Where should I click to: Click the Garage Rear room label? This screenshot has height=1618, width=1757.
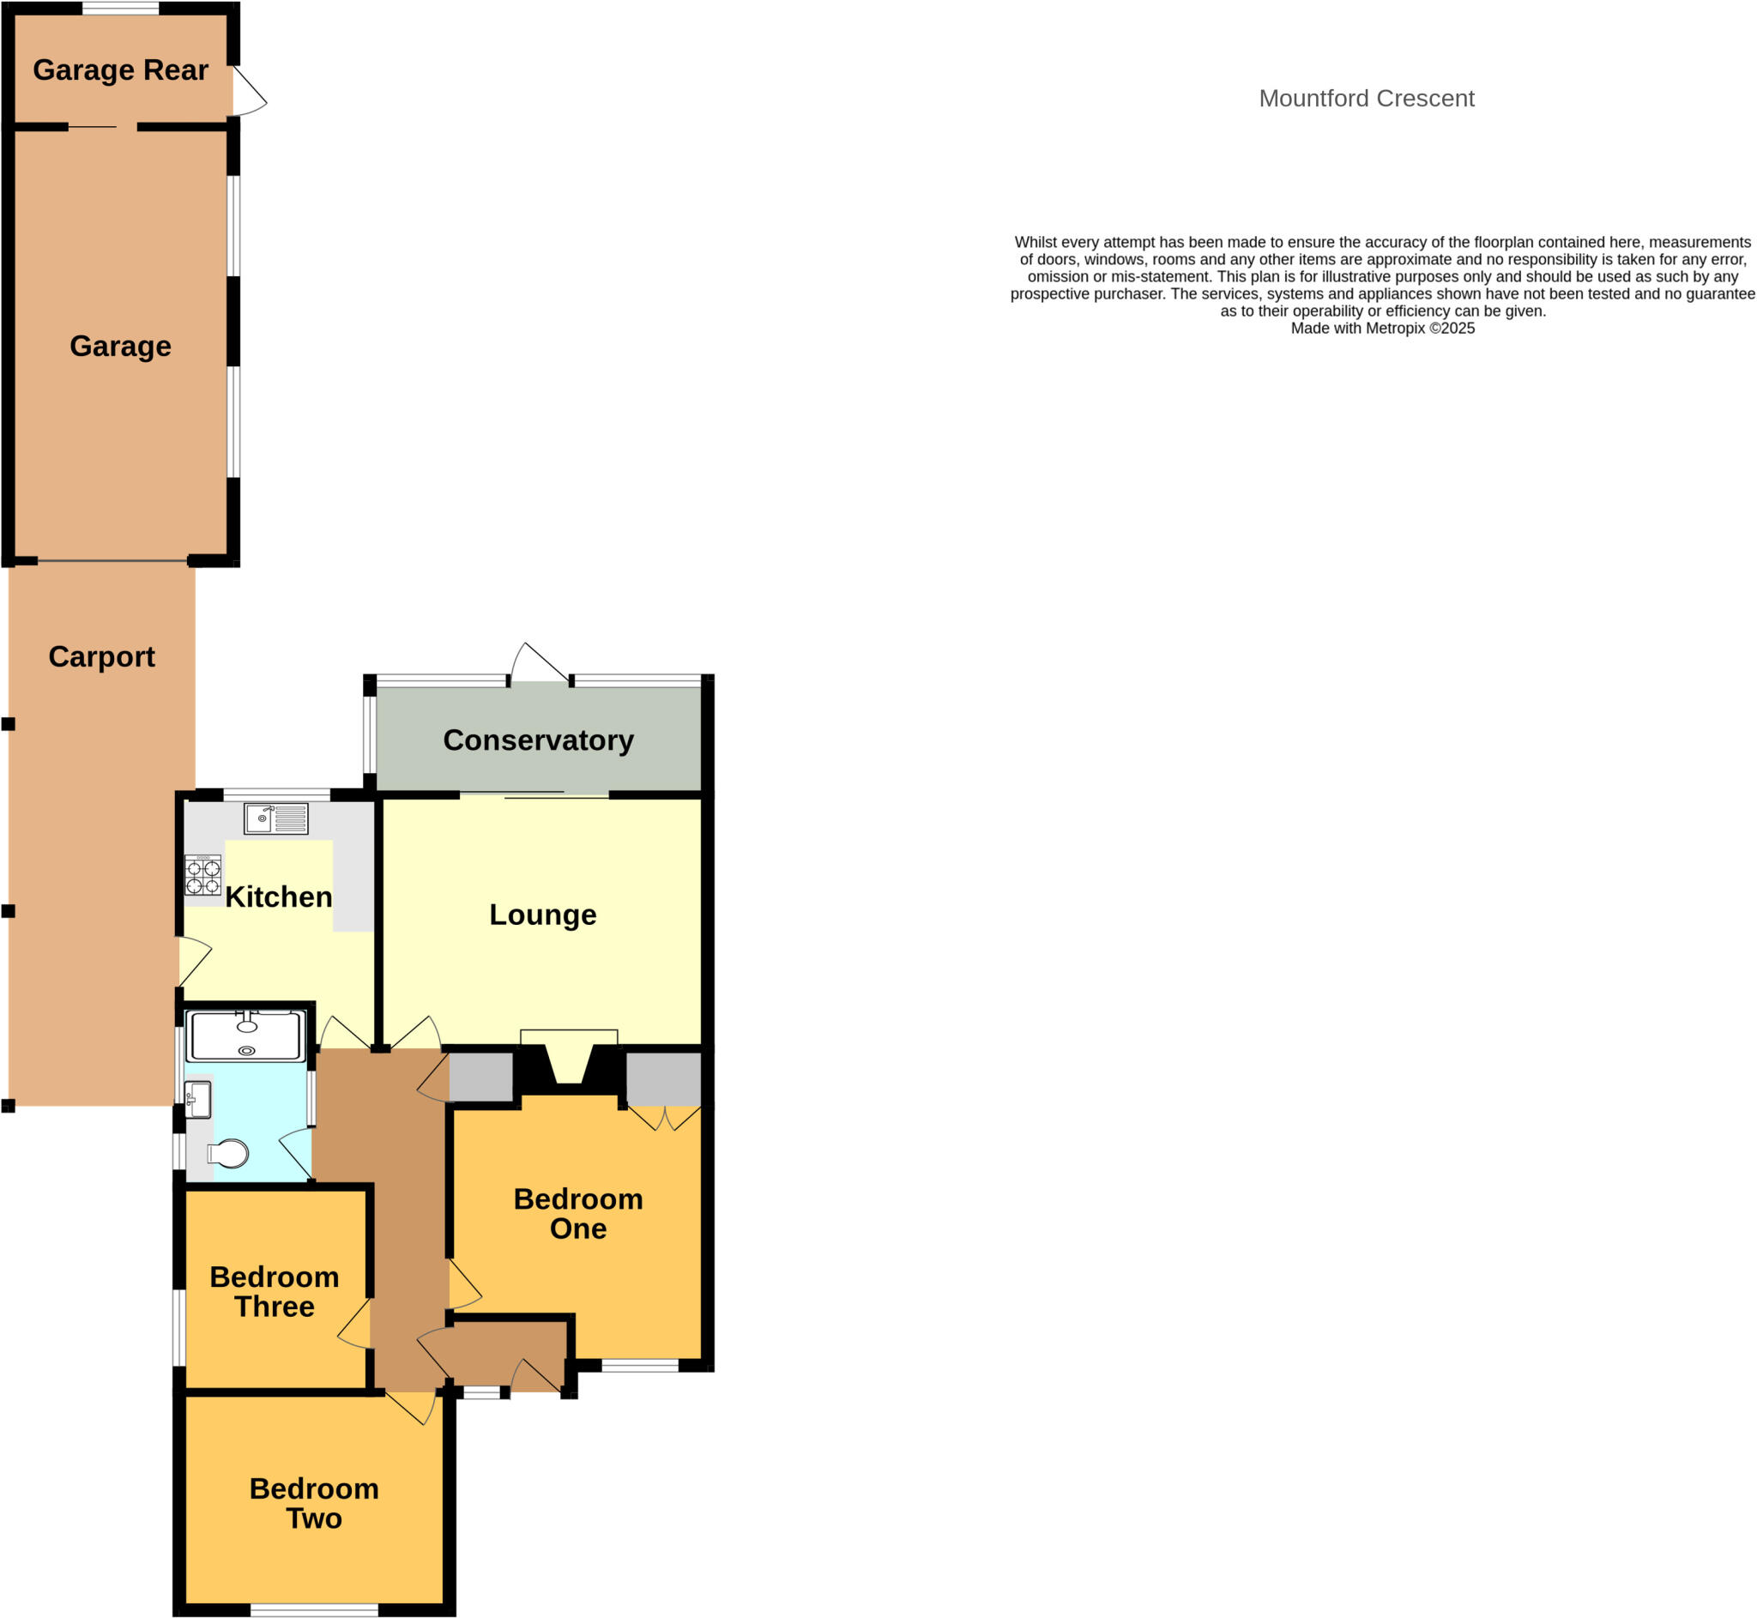pyautogui.click(x=120, y=70)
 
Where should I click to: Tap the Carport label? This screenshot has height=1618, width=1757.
pyautogui.click(x=101, y=656)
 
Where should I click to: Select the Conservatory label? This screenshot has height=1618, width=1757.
pyautogui.click(x=538, y=740)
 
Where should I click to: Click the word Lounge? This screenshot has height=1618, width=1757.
pyautogui.click(x=542, y=914)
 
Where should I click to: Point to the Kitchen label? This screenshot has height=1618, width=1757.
pyautogui.click(x=278, y=897)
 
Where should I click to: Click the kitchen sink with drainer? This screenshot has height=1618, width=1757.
pyautogui.click(x=275, y=818)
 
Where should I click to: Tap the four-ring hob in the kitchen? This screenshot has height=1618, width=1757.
pyautogui.click(x=202, y=876)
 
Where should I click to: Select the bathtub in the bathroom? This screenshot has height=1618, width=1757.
pyautogui.click(x=246, y=1036)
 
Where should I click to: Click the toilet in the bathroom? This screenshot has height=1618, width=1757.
pyautogui.click(x=228, y=1154)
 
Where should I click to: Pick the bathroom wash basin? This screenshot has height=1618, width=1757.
pyautogui.click(x=198, y=1100)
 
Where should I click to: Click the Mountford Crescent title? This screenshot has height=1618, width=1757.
pyautogui.click(x=1366, y=98)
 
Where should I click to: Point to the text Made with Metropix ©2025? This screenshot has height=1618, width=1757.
pyautogui.click(x=1382, y=329)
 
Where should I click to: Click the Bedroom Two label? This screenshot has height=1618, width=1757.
pyautogui.click(x=313, y=1503)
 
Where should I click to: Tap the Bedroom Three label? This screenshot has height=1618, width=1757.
pyautogui.click(x=274, y=1291)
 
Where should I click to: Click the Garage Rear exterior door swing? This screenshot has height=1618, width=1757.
pyautogui.click(x=249, y=93)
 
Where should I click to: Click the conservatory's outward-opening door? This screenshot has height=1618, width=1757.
pyautogui.click(x=538, y=664)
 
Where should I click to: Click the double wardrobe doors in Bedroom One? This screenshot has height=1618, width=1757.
pyautogui.click(x=666, y=1118)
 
